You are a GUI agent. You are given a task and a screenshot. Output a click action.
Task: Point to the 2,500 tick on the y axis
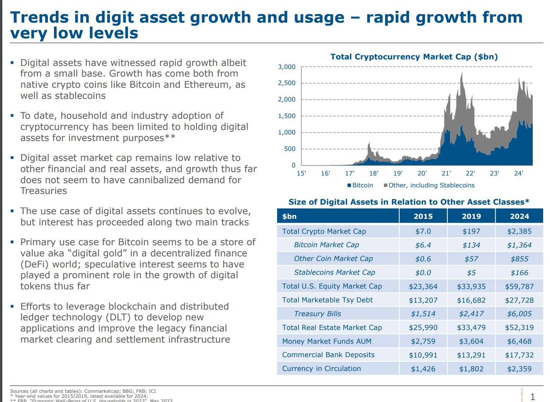pyautogui.click(x=287, y=83)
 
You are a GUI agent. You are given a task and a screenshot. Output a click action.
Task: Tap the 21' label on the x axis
pyautogui.click(x=446, y=173)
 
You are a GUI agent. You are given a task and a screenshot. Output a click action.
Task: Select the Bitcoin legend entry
pyautogui.click(x=360, y=185)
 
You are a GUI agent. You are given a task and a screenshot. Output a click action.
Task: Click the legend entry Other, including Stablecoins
pyautogui.click(x=429, y=185)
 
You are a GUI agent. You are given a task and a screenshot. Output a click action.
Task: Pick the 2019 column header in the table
pyautogui.click(x=471, y=216)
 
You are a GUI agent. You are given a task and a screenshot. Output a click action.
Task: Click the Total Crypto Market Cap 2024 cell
pyautogui.click(x=519, y=231)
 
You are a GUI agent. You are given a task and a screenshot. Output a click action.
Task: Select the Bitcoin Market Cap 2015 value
pyautogui.click(x=423, y=245)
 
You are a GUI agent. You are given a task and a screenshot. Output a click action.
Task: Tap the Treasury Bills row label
pyautogui.click(x=317, y=314)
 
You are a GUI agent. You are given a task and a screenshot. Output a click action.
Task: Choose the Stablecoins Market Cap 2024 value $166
pyautogui.click(x=519, y=272)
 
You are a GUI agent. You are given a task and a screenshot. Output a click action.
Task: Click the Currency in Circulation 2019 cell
pyautogui.click(x=471, y=369)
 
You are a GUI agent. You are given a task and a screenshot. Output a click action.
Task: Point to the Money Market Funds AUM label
pyautogui.click(x=326, y=341)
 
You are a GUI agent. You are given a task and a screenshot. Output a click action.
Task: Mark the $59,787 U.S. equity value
pyautogui.click(x=519, y=286)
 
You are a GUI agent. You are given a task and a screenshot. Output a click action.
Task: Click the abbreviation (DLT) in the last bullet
pyautogui.click(x=118, y=317)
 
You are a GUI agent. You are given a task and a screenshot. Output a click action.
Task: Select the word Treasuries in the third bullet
pyautogui.click(x=44, y=191)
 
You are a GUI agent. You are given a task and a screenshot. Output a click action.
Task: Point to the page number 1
pyautogui.click(x=532, y=397)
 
